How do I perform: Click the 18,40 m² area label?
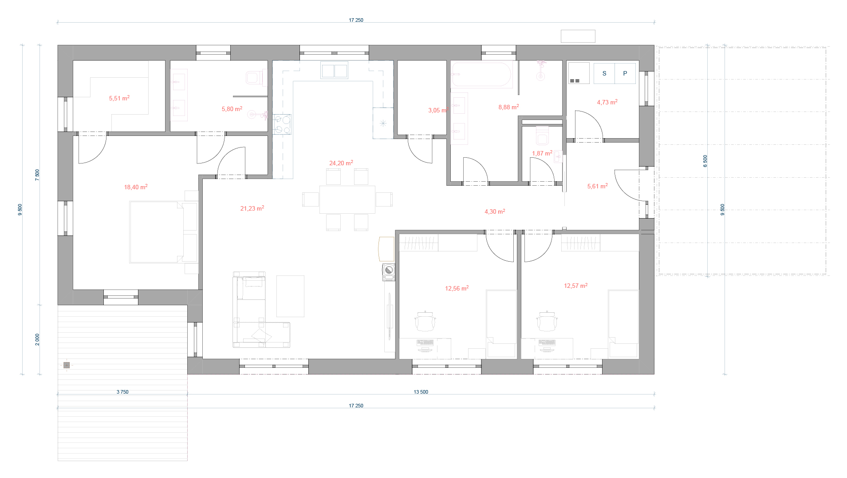(x=136, y=187)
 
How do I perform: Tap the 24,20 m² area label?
(x=341, y=163)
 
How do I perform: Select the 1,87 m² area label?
(x=542, y=153)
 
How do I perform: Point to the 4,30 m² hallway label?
(x=495, y=211)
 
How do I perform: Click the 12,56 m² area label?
(x=457, y=288)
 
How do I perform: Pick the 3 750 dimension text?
(x=122, y=392)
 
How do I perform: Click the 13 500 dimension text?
(x=421, y=392)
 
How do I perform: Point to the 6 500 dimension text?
(x=705, y=161)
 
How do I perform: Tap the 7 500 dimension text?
(x=37, y=174)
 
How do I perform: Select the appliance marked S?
(x=604, y=73)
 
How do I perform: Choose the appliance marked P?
(x=625, y=73)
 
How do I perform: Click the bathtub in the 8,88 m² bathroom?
(x=482, y=74)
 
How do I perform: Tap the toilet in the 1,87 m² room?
(x=542, y=136)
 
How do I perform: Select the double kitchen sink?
(x=334, y=71)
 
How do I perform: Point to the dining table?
(x=347, y=199)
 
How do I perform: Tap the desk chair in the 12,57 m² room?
(x=547, y=321)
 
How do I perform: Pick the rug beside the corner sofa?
(x=291, y=296)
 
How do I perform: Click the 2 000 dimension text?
(x=37, y=340)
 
